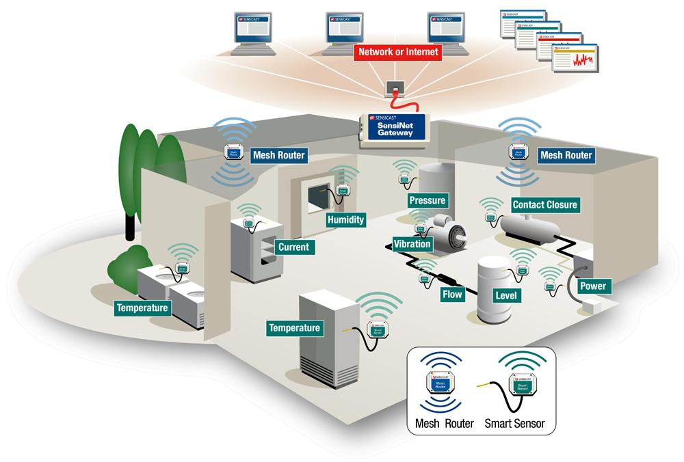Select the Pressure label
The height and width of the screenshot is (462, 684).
pyautogui.click(x=427, y=200)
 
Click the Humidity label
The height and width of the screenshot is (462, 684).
pyautogui.click(x=345, y=220)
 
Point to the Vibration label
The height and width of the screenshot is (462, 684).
pyautogui.click(x=412, y=243)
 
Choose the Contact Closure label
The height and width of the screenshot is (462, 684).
pyautogui.click(x=544, y=204)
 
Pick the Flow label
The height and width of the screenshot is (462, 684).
pyautogui.click(x=453, y=295)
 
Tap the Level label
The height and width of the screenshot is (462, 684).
pyautogui.click(x=506, y=295)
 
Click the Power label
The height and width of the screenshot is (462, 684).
pyautogui.click(x=592, y=286)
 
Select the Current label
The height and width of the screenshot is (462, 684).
pyautogui.click(x=293, y=247)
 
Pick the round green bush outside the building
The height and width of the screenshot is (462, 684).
pyautogui.click(x=129, y=267)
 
